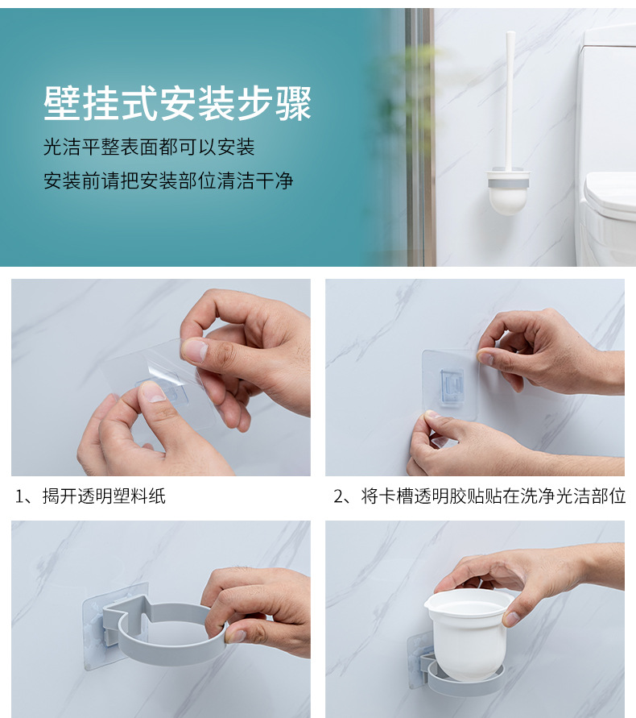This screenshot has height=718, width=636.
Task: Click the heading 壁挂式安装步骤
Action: (178, 103)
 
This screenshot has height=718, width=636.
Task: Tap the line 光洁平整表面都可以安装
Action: (149, 147)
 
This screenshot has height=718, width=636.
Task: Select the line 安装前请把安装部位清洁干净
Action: (168, 180)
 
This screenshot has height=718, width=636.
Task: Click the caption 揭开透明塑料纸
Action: (104, 496)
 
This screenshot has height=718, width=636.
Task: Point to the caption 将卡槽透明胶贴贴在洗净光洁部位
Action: (494, 496)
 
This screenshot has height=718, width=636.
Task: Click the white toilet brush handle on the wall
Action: (510, 101)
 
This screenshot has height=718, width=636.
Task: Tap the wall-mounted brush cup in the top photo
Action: (508, 193)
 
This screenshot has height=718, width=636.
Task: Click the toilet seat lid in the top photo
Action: (610, 192)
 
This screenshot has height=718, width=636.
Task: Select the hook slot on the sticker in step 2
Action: (452, 385)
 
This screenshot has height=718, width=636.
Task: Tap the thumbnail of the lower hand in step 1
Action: (153, 392)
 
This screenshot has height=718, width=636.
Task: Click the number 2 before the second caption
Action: (338, 496)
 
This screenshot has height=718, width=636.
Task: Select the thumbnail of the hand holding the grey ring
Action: (236, 636)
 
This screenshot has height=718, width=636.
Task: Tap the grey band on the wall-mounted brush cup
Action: (508, 183)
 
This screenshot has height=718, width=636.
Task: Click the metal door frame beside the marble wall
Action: (420, 137)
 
